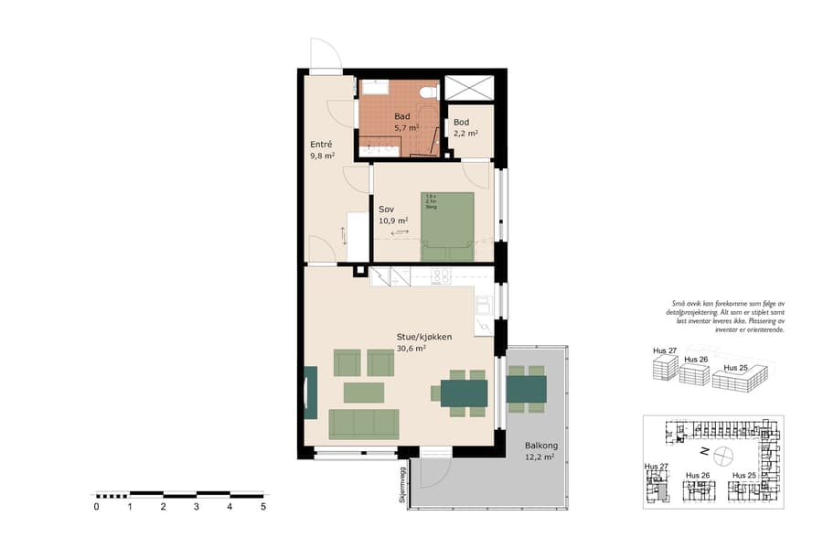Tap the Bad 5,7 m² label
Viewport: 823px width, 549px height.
(405, 123)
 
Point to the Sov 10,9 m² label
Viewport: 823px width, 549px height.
(392, 215)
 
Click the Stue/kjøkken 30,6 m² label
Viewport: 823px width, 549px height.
(423, 342)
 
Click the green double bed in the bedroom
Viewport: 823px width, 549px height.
(447, 226)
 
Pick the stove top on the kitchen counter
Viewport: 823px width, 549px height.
(442, 275)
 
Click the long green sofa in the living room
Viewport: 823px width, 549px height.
(364, 423)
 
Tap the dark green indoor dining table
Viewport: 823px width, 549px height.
(465, 393)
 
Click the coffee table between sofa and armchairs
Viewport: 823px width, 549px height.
(363, 393)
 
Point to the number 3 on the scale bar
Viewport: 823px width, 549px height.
(197, 506)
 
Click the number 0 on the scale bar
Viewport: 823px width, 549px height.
(96, 506)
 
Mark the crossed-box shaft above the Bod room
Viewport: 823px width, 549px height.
(469, 88)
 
